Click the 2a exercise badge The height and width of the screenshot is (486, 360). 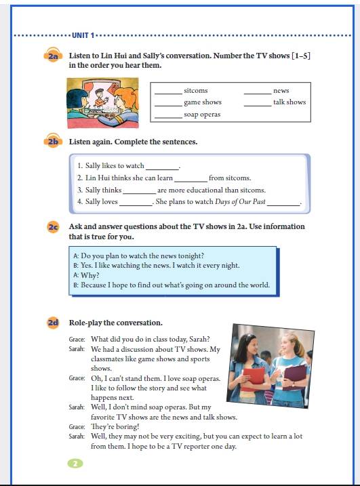click(x=53, y=56)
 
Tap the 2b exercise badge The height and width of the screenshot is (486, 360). click(x=53, y=142)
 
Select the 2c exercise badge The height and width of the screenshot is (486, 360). click(x=53, y=227)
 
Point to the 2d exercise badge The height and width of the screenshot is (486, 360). click(x=53, y=323)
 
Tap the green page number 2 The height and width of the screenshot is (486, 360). click(x=75, y=464)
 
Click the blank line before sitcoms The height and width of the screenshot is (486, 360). click(x=168, y=94)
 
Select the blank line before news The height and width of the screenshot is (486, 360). click(x=258, y=94)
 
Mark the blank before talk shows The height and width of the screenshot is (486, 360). click(x=258, y=106)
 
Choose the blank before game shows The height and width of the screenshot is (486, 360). click(x=168, y=106)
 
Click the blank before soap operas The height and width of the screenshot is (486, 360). click(x=168, y=118)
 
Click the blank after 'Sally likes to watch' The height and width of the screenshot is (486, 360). click(x=162, y=169)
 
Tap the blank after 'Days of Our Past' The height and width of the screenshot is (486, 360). click(x=283, y=205)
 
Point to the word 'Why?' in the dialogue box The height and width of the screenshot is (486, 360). click(x=90, y=275)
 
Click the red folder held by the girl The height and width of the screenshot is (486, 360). click(x=253, y=380)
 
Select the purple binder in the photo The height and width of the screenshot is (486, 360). click(x=294, y=378)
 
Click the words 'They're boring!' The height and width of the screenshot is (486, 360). click(x=115, y=427)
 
